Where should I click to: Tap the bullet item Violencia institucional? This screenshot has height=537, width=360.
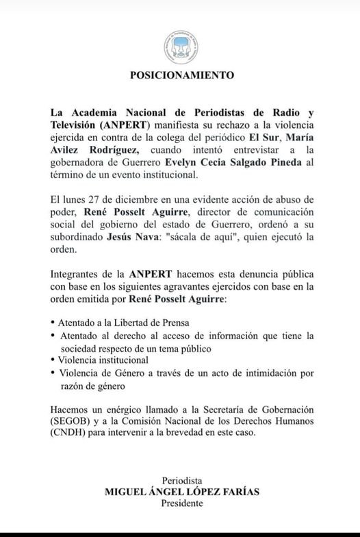pyautogui.click(x=103, y=360)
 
